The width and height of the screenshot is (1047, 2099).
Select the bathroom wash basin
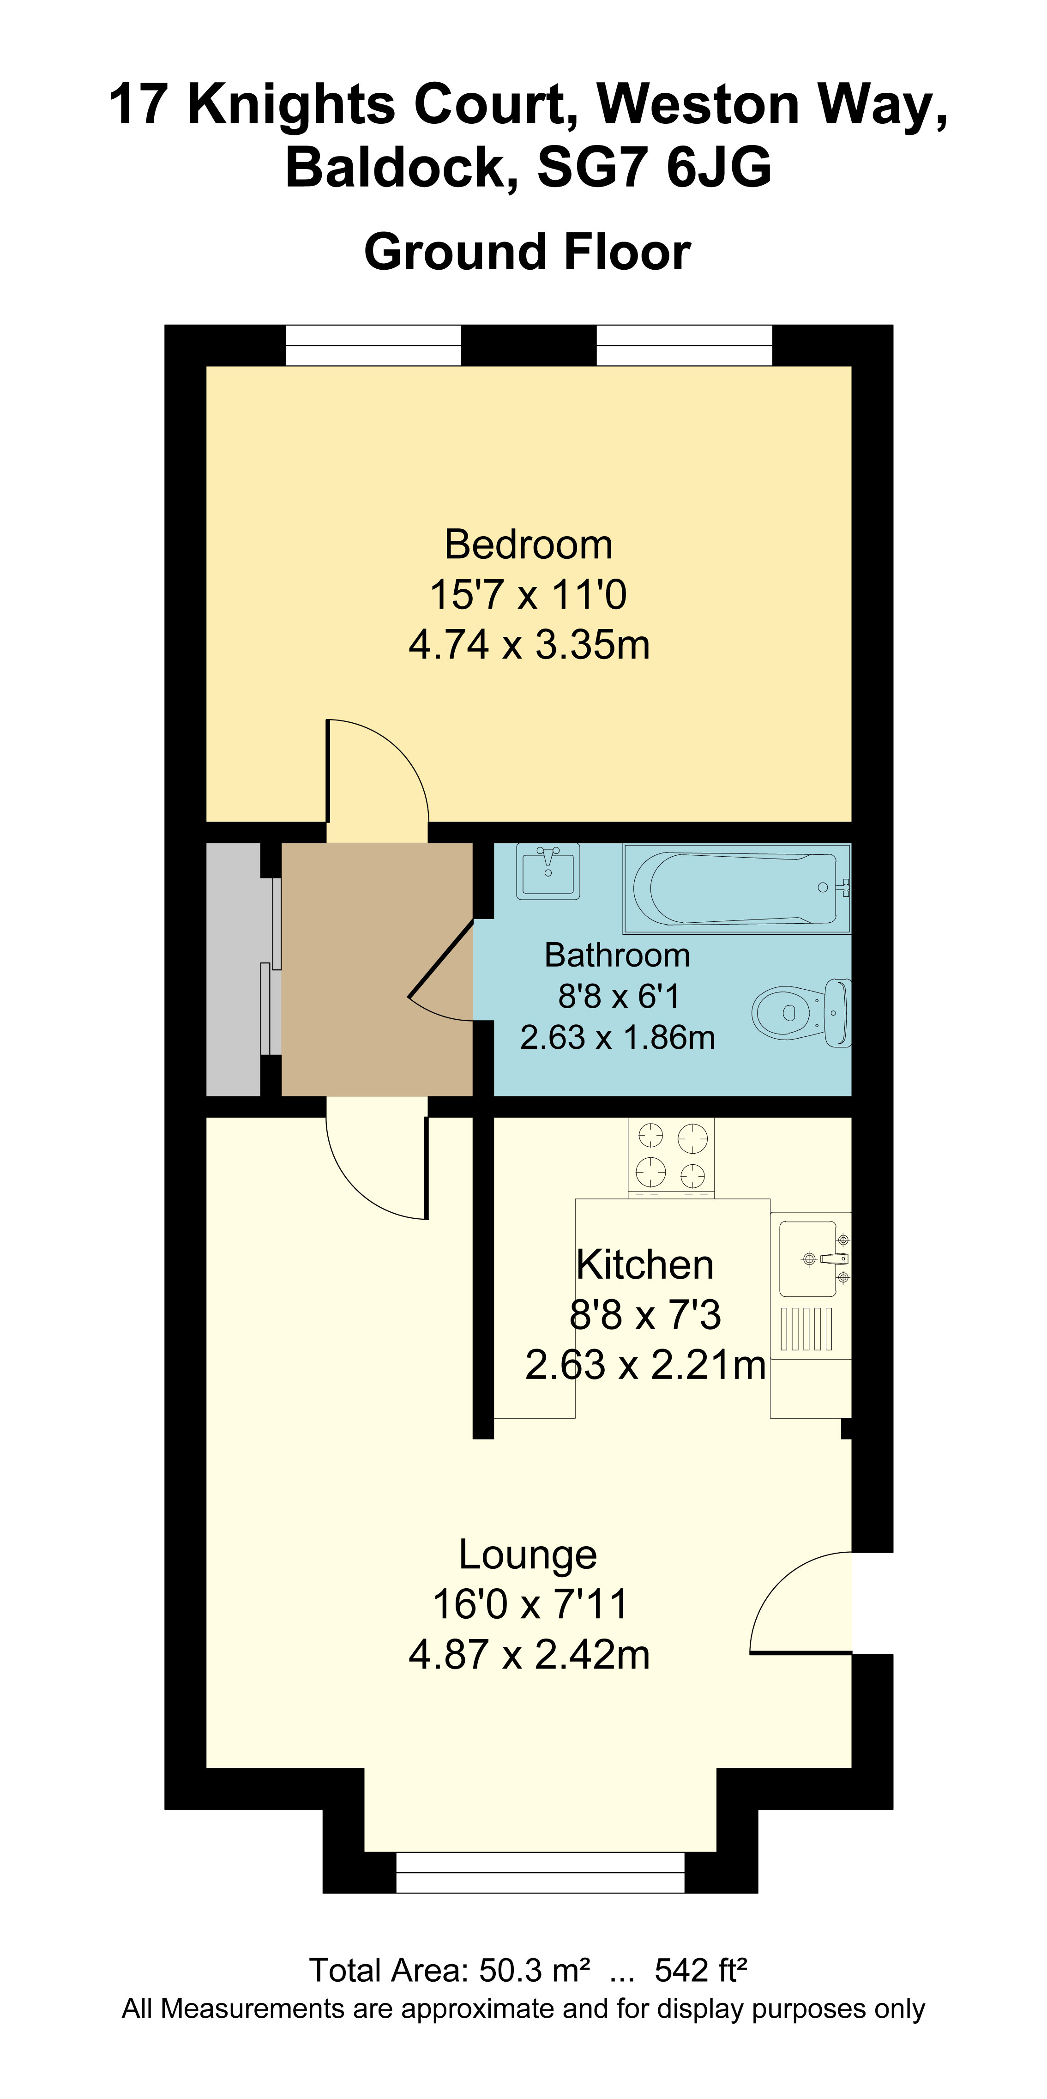548,871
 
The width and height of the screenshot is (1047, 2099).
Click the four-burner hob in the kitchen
671,1156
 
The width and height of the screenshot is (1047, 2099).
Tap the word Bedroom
528,544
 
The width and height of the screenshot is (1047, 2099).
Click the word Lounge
528,1554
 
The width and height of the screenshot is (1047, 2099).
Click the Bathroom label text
617,955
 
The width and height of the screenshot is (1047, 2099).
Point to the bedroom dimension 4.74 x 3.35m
529,645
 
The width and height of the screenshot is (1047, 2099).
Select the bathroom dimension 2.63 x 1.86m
617,1037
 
